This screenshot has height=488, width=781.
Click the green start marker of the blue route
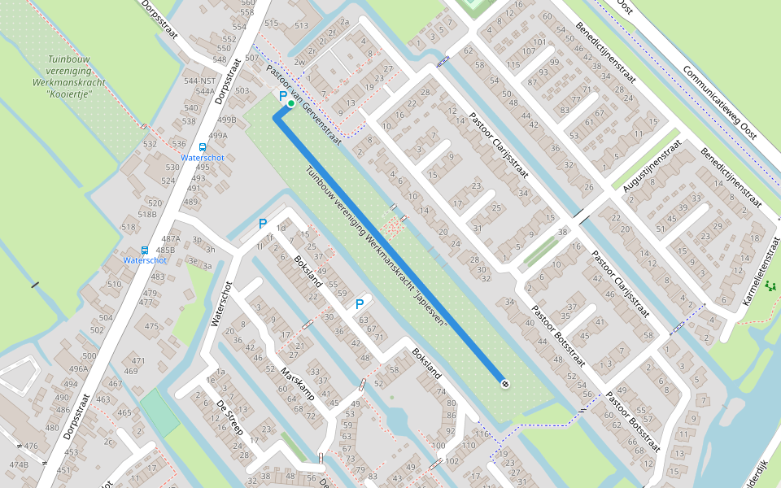click(291, 103)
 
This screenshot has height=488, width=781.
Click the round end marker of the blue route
click(505, 383)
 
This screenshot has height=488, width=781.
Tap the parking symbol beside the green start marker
click(283, 96)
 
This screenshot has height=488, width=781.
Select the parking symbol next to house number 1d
click(262, 224)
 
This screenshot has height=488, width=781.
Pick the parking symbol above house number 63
click(359, 304)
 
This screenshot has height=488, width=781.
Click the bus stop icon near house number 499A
click(202, 147)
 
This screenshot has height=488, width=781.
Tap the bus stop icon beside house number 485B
click(144, 251)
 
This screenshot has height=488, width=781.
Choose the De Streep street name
click(229, 416)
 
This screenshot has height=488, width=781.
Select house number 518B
click(147, 215)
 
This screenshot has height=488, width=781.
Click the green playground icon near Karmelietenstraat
click(770, 285)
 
